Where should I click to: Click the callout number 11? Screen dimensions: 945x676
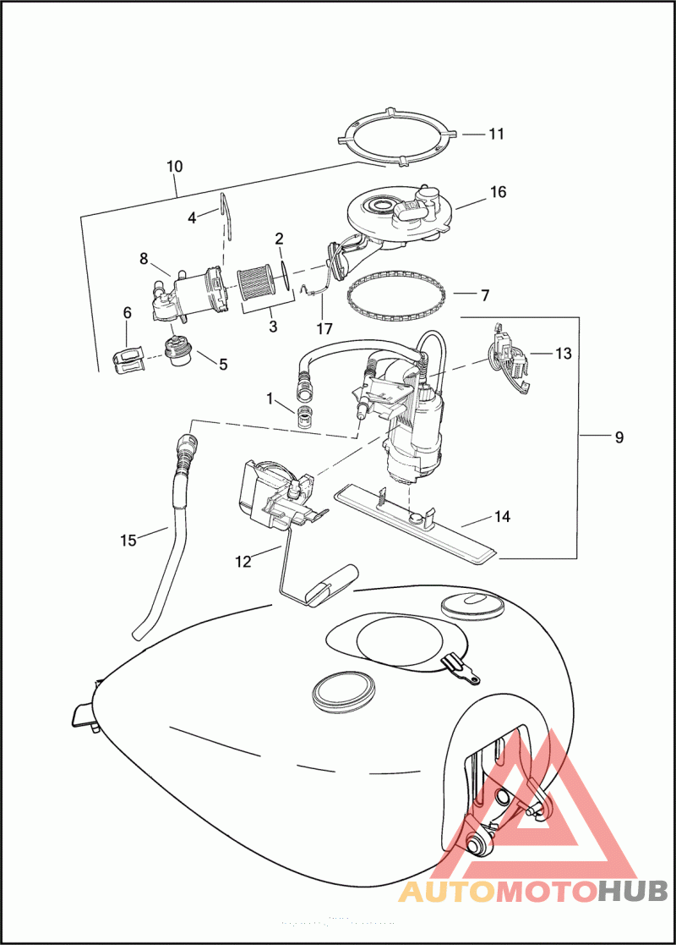pos(495,134)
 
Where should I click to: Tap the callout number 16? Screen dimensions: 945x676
pos(498,192)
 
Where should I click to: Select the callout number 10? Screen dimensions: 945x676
pos(174,166)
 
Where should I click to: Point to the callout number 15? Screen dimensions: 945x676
pos(128,540)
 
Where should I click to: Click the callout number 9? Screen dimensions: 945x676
pos(619,437)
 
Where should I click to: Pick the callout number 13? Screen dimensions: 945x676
pos(564,353)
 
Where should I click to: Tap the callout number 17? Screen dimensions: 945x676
pos(325,327)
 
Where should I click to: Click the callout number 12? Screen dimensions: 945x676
pos(243,561)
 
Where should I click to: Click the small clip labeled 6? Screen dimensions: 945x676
pos(128,360)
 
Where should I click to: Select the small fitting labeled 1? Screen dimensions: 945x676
pos(304,416)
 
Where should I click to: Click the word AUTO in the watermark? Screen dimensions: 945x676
pos(447,890)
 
